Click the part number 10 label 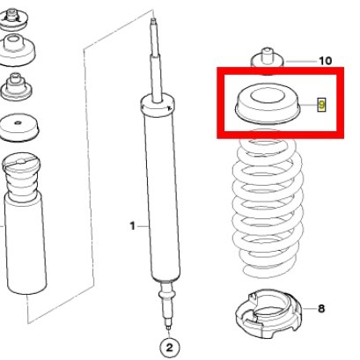point(325,61)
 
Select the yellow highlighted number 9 point(322,105)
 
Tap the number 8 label point(321,309)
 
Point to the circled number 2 point(170,348)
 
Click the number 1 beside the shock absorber point(133,226)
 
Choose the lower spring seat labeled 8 point(268,313)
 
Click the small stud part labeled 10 point(267,60)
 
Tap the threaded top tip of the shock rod point(153,21)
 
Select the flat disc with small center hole point(18,128)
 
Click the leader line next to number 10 point(301,62)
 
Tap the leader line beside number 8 point(309,309)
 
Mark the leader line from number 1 point(143,226)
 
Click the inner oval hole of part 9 point(268,97)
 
